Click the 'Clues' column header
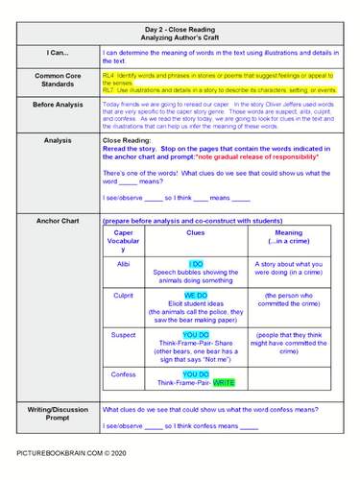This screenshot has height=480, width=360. click(x=195, y=232)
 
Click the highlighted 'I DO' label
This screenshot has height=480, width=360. click(x=195, y=263)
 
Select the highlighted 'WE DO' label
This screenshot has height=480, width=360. click(x=195, y=296)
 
